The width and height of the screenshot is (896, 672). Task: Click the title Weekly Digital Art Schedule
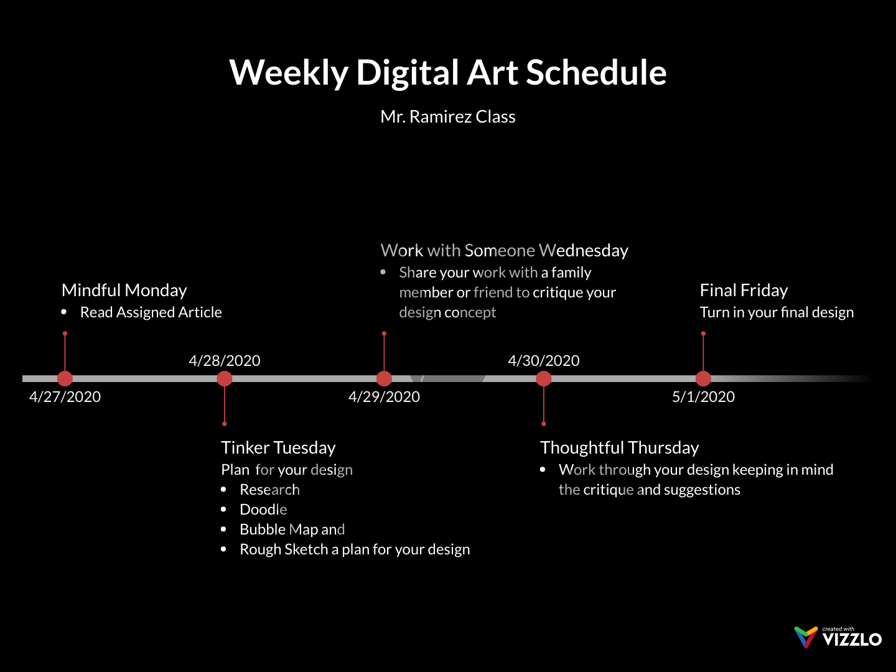click(x=448, y=72)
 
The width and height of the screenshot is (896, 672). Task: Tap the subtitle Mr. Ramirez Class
click(x=448, y=117)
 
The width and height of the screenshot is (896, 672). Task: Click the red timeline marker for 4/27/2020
click(x=65, y=378)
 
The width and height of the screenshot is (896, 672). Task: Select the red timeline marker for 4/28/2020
click(x=225, y=378)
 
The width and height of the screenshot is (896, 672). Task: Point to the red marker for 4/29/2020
click(x=384, y=378)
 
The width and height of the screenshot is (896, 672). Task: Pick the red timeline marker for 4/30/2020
click(x=544, y=378)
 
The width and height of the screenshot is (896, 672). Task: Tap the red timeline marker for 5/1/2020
click(x=703, y=378)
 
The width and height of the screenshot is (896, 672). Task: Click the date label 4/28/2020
click(x=225, y=361)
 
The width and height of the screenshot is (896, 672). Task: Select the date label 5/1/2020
click(x=703, y=397)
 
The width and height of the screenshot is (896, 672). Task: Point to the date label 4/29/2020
click(x=384, y=397)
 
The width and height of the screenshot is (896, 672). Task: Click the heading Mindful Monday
click(x=124, y=291)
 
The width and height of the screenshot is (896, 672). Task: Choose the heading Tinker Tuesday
click(x=278, y=448)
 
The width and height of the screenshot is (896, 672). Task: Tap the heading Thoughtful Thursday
click(x=619, y=448)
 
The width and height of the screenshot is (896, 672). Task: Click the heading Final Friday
click(x=744, y=291)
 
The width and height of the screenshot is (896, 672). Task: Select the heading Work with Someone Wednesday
click(x=504, y=251)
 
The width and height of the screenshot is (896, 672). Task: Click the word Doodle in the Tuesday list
click(x=263, y=510)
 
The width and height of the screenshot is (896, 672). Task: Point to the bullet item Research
click(x=269, y=490)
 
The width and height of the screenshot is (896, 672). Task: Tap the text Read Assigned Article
click(x=151, y=312)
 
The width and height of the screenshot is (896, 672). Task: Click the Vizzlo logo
click(x=838, y=637)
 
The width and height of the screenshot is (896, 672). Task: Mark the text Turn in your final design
click(x=777, y=312)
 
